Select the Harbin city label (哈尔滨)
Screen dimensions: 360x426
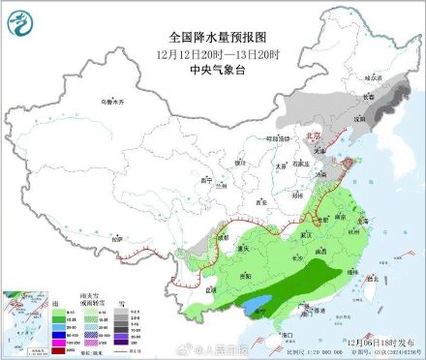pos(387,75)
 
